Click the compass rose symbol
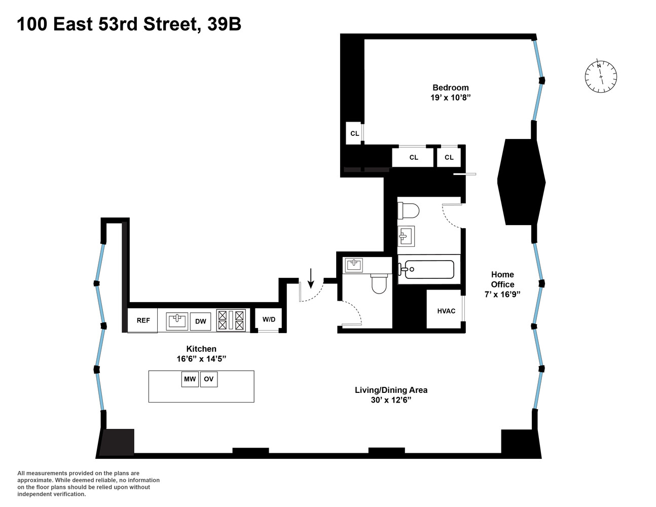(x=601, y=77)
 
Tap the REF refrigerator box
(x=143, y=320)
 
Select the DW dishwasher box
(x=201, y=321)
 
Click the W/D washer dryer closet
(x=269, y=319)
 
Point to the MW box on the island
(x=190, y=379)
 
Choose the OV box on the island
(x=208, y=379)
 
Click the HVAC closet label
(x=446, y=311)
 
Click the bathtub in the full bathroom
(x=428, y=269)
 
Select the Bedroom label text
(x=450, y=87)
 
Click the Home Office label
(x=502, y=279)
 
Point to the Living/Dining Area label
(x=391, y=390)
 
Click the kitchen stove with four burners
(x=231, y=320)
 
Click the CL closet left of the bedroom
(x=354, y=133)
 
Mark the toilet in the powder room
(x=379, y=283)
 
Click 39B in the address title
(x=224, y=24)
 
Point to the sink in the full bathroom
(x=406, y=235)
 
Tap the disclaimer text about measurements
(x=88, y=484)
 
